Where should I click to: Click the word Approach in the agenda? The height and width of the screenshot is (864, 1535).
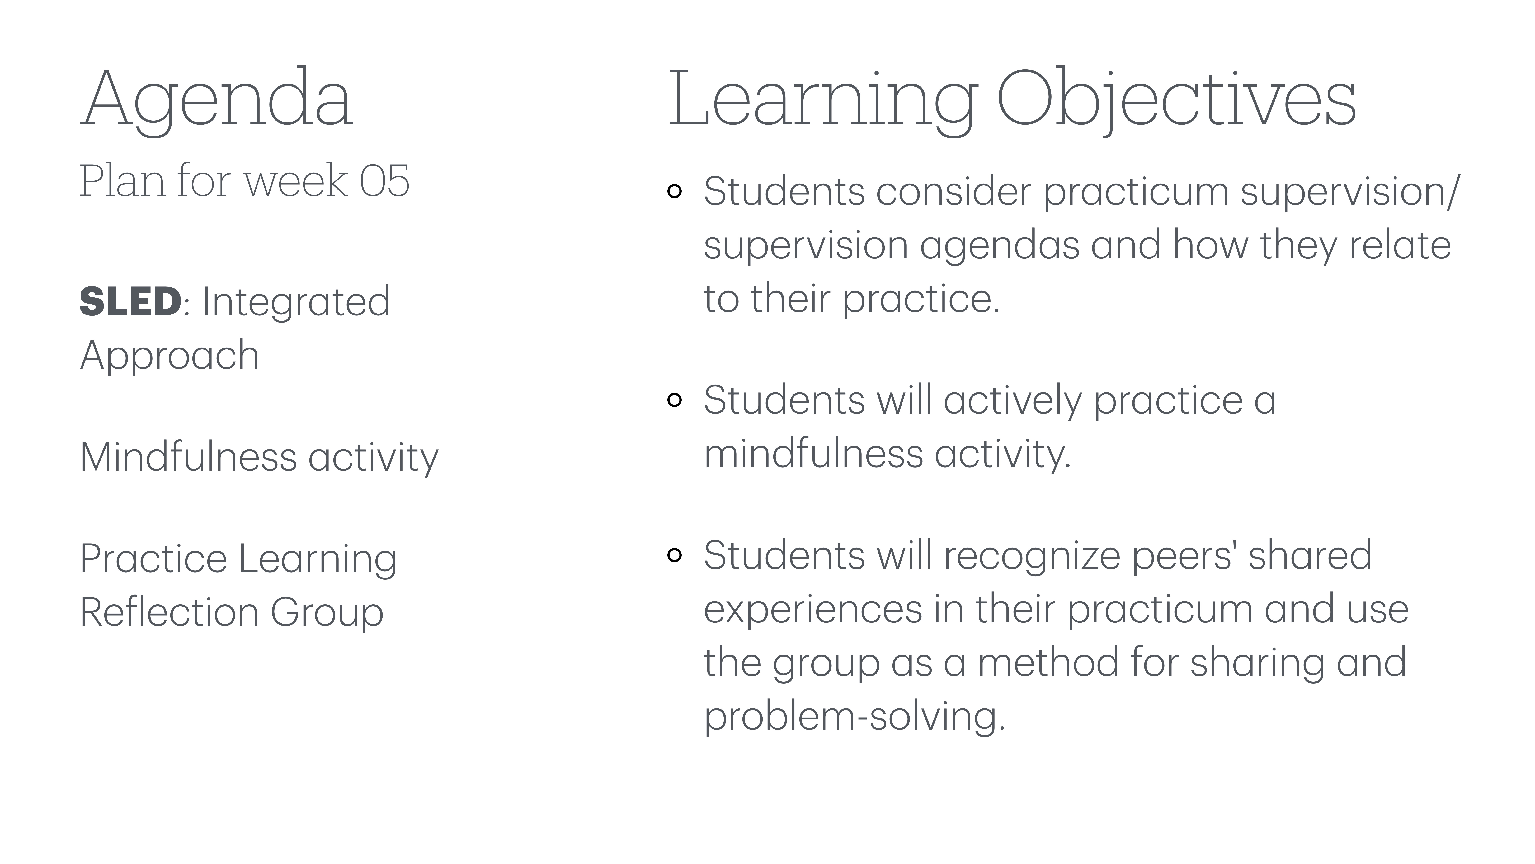coord(170,355)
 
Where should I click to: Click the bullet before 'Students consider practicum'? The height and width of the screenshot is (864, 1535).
coord(675,191)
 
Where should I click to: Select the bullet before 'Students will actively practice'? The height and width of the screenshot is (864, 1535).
coord(675,400)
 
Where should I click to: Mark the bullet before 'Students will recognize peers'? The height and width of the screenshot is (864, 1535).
coord(675,555)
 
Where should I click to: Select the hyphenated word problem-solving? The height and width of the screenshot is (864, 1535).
coord(854,716)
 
